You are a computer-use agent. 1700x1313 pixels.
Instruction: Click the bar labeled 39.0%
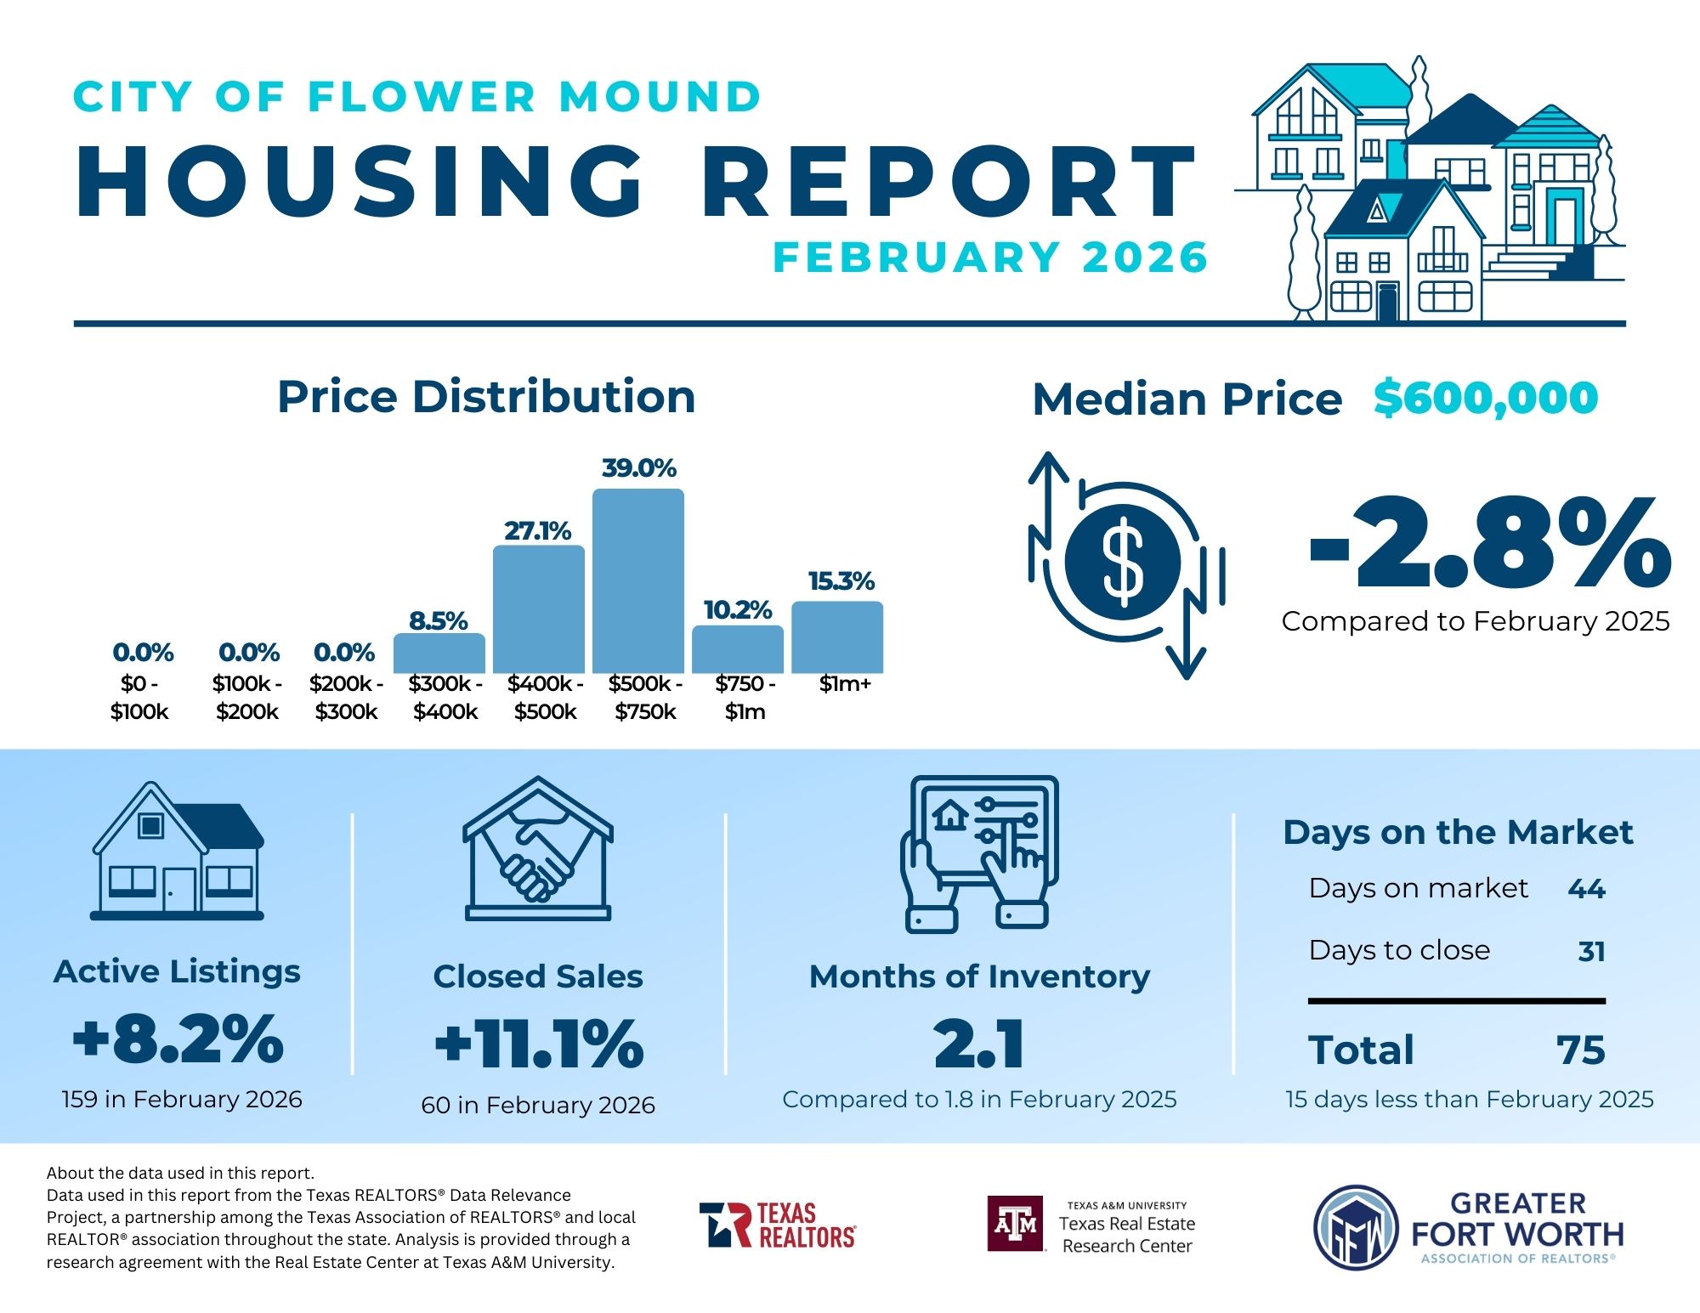coord(638,580)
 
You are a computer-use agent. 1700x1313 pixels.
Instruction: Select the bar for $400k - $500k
coord(539,608)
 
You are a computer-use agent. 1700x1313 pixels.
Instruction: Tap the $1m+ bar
coord(837,637)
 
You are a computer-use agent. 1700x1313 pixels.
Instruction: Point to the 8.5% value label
coord(439,620)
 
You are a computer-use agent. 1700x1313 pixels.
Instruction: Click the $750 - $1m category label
coord(745,698)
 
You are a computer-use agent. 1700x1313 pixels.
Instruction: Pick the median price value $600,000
coord(1486,398)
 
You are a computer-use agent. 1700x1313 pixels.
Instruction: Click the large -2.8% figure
coord(1490,544)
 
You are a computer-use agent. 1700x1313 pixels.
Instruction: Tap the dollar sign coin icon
coord(1123,562)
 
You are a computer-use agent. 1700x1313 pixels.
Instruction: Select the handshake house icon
coord(538,848)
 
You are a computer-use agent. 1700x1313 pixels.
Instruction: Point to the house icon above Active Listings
coord(178,851)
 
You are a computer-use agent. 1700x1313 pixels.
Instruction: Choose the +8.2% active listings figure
coord(178,1039)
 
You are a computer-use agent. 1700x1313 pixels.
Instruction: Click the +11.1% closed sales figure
coord(539,1044)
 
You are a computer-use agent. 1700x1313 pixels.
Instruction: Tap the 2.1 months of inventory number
coord(979,1044)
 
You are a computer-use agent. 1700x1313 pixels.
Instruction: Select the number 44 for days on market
coord(1586,889)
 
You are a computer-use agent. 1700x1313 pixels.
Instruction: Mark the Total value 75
coord(1581,1050)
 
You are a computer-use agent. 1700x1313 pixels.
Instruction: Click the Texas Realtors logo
coord(778,1225)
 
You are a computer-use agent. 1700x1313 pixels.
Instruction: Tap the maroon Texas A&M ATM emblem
coord(1016,1224)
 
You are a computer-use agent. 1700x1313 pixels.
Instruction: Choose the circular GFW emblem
coord(1357,1228)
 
